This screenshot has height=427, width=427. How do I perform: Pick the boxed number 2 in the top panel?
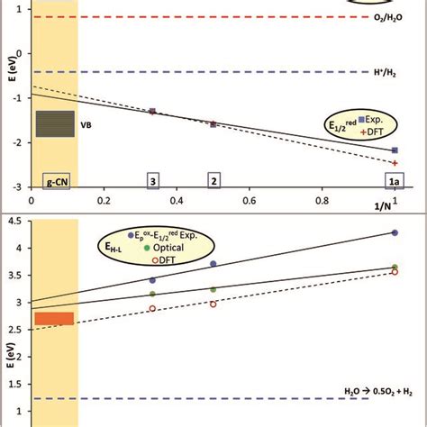[x=213, y=181]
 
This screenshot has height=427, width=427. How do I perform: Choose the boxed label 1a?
[x=395, y=181]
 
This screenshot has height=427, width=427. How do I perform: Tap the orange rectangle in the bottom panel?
[x=53, y=318]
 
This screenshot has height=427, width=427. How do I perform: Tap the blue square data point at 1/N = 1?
[x=395, y=150]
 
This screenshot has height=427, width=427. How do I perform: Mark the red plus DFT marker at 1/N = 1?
[x=395, y=163]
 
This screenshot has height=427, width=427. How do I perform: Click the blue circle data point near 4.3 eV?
[x=395, y=232]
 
